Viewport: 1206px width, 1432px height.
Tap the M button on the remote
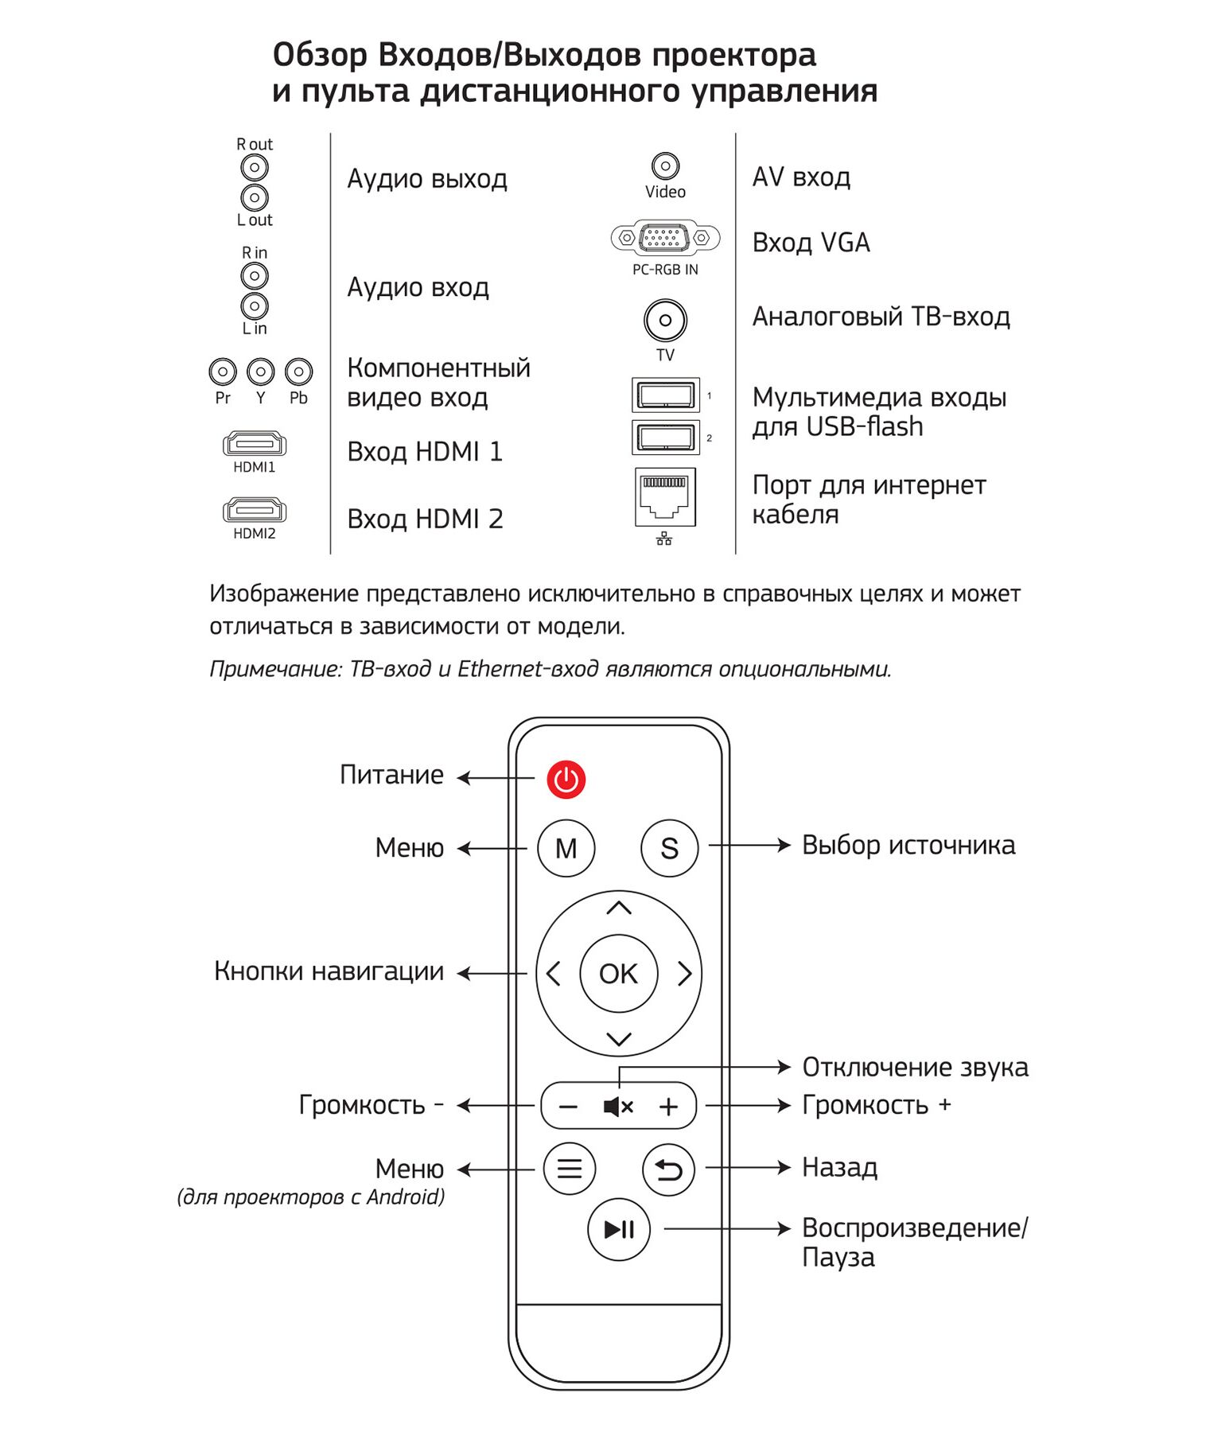click(x=566, y=848)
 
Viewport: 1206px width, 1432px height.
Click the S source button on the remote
click(x=669, y=848)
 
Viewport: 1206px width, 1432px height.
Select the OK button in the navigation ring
click(x=618, y=973)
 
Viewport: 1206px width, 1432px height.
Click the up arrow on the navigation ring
click(x=618, y=908)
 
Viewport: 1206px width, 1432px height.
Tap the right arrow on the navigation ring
click(x=684, y=973)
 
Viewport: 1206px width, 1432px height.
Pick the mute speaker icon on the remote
click(x=617, y=1106)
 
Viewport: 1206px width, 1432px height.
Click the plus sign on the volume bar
click(x=668, y=1106)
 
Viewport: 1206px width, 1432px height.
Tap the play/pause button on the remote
click(x=618, y=1229)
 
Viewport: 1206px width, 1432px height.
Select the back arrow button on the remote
click(x=668, y=1169)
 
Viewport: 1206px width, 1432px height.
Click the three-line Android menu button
click(x=569, y=1168)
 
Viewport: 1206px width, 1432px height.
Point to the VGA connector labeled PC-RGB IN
click(x=665, y=237)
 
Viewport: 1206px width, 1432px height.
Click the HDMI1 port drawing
click(x=255, y=444)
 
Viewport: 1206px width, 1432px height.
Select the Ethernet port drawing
click(x=665, y=496)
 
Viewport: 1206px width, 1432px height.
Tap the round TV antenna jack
click(x=665, y=321)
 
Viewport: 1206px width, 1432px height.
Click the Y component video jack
click(x=260, y=372)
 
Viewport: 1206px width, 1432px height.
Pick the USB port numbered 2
click(x=665, y=437)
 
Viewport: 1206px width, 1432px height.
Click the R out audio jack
click(x=255, y=167)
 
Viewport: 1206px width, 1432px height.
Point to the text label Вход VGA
click(x=811, y=243)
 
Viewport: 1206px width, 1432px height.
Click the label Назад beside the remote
click(x=839, y=1167)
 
